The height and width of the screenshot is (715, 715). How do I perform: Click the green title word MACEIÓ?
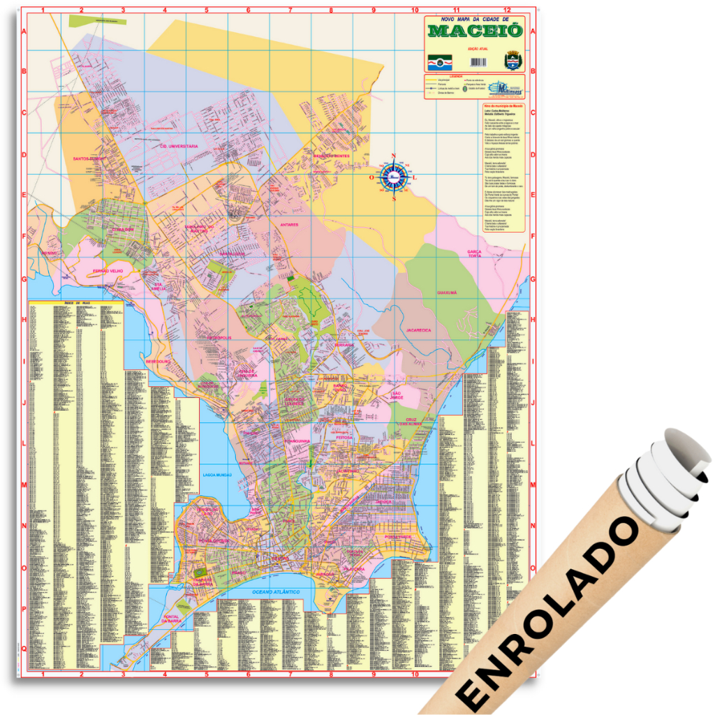tap(474, 31)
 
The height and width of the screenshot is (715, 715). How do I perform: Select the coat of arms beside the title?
tap(512, 60)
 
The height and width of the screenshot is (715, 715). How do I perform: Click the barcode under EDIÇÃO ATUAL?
tap(474, 62)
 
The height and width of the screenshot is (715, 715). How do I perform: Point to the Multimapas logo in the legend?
tap(502, 88)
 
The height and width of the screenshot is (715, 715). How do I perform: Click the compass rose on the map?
tap(394, 177)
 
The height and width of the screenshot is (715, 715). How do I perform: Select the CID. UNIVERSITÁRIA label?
tap(179, 146)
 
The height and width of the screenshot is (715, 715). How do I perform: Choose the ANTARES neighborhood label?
tap(289, 225)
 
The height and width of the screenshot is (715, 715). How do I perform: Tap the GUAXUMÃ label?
tap(447, 293)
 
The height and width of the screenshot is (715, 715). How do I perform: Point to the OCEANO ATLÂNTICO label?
tap(276, 591)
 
